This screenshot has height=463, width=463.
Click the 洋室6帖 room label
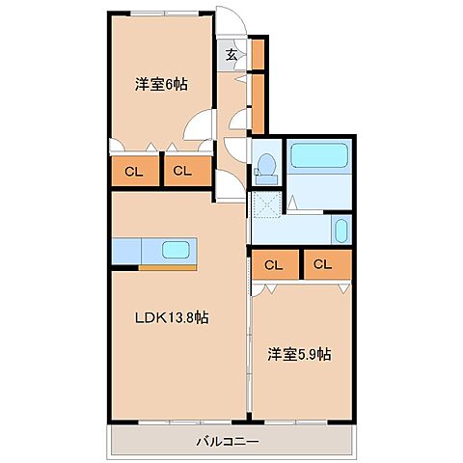tap(160, 84)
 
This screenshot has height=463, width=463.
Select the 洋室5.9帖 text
tap(299, 354)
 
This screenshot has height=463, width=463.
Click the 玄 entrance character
tap(231, 54)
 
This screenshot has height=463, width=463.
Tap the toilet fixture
tap(266, 165)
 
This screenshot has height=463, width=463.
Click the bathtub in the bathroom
tap(319, 156)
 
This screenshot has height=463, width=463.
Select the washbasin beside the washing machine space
tap(340, 231)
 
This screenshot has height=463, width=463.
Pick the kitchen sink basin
tap(177, 250)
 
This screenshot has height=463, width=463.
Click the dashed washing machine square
tap(265, 204)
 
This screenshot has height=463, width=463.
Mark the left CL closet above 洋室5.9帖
tap(273, 264)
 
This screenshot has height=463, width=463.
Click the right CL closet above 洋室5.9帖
tap(322, 264)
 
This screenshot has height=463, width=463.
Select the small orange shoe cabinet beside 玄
tap(259, 54)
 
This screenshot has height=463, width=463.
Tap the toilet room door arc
tap(236, 151)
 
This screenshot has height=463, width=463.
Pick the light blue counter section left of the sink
tap(127, 250)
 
